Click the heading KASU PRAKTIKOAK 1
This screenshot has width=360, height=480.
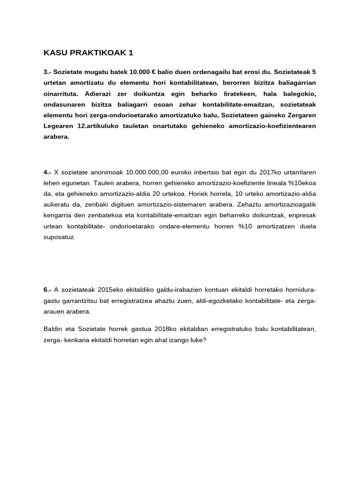(85, 52)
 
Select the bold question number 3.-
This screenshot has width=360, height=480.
(47, 72)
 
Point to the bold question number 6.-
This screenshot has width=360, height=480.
(47, 290)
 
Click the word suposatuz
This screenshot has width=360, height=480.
(59, 237)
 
